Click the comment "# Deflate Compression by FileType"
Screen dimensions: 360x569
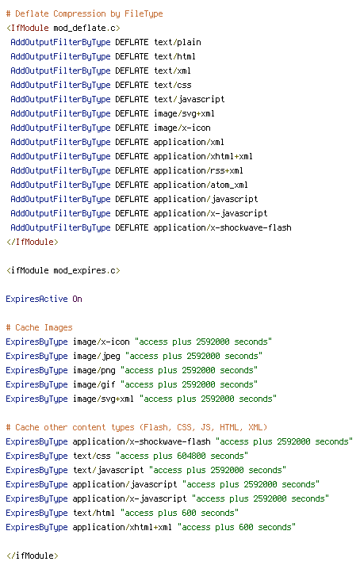84,13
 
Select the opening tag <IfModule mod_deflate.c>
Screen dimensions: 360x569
63,28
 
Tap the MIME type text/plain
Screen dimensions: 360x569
178,43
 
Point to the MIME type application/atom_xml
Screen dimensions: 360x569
201,185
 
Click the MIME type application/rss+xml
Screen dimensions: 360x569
198,170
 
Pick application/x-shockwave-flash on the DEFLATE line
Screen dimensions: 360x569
222,228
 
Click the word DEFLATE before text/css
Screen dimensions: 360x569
132,86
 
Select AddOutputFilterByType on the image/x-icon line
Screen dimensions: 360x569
60,128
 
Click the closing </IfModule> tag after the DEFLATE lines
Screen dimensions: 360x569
33,242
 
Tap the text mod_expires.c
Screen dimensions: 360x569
86,271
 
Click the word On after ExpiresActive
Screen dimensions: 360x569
77,299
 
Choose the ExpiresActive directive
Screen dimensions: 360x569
36,300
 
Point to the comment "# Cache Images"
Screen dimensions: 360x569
39,327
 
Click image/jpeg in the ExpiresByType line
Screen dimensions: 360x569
96,357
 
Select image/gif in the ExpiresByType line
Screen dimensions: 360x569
94,384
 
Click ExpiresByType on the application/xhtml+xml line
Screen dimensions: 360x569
36,528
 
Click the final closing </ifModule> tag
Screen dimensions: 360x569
33,556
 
